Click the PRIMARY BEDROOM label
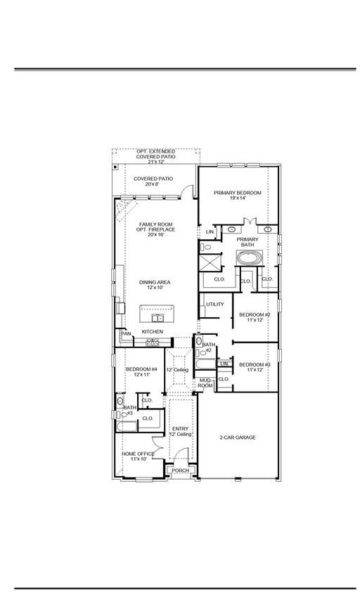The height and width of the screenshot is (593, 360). tap(238, 193)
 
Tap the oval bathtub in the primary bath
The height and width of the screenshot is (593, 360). tap(249, 258)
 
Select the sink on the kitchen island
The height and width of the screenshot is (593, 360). tap(157, 317)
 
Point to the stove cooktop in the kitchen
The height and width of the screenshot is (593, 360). tap(152, 343)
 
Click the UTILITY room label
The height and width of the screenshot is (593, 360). tap(215, 304)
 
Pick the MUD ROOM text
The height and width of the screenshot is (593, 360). tap(206, 383)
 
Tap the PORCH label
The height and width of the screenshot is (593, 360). tap(181, 471)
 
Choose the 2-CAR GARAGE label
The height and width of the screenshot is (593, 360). tap(238, 438)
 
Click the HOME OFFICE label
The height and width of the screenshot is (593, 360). tap(138, 454)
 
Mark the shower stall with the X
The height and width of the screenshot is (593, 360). tap(209, 263)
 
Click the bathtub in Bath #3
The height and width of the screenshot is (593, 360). tap(127, 426)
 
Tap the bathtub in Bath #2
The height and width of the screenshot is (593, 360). tap(205, 364)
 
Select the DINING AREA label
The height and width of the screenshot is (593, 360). tap(155, 282)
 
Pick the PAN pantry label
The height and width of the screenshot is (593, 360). tap(126, 333)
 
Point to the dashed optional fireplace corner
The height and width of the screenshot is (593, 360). tap(126, 210)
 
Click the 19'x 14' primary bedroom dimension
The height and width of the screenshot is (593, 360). tap(238, 198)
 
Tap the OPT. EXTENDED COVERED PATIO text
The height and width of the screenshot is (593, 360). tap(156, 154)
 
